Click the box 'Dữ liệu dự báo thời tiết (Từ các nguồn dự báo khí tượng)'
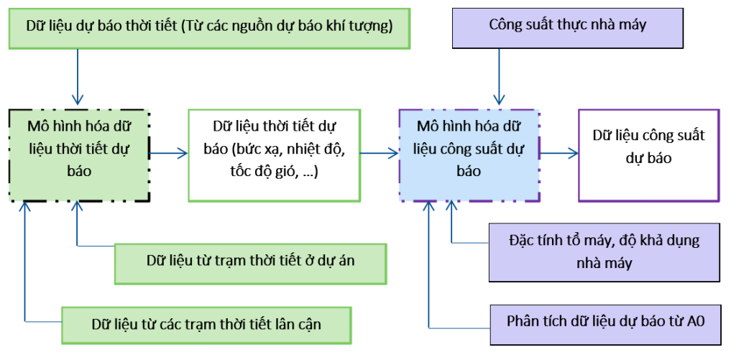tap(209, 28)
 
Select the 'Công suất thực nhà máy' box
tap(567, 25)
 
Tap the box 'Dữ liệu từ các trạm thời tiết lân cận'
tap(206, 324)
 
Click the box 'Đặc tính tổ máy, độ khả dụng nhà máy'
tap(604, 251)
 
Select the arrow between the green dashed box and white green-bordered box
tap(168, 152)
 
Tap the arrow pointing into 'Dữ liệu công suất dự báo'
tap(560, 152)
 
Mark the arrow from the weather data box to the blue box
tap(379, 152)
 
